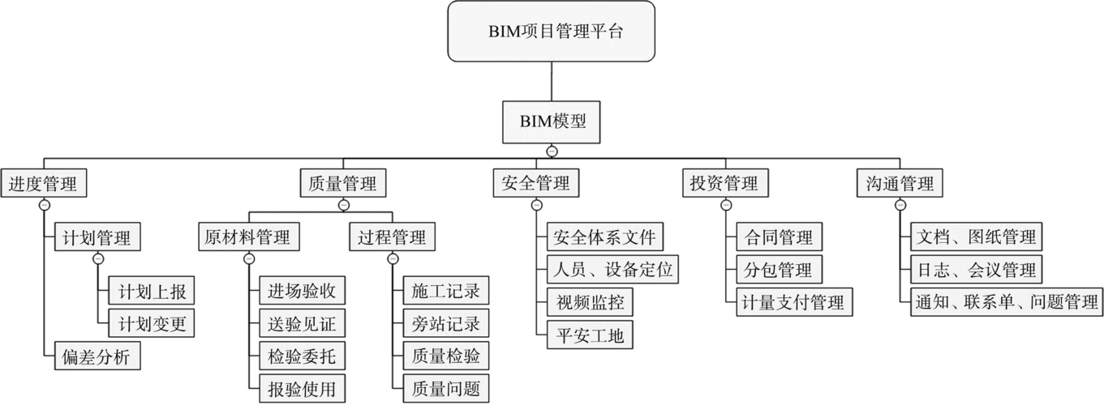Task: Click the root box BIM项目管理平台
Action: (x=552, y=32)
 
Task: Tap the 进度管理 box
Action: (x=43, y=183)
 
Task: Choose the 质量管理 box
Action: (x=342, y=183)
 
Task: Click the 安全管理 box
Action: (x=535, y=183)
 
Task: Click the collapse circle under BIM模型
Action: (x=552, y=151)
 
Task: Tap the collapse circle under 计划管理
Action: (x=97, y=259)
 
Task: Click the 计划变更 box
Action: (x=152, y=324)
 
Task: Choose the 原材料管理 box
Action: (x=248, y=237)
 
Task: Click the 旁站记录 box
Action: (x=445, y=324)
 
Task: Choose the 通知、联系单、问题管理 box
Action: (x=1005, y=302)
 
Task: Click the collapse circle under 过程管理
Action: (x=393, y=259)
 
